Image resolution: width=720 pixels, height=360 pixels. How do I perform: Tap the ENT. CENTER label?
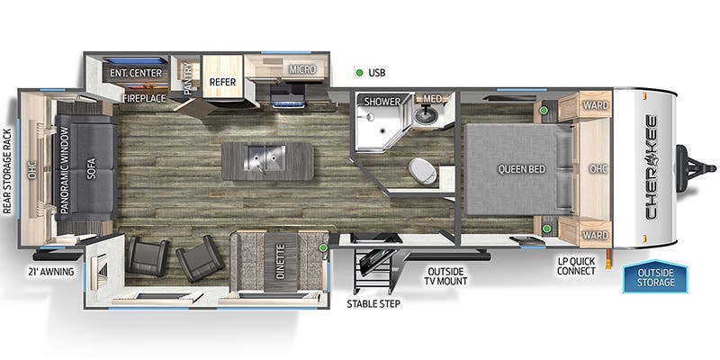[x=136, y=72]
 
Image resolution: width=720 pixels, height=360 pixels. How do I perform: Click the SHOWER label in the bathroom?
[x=382, y=102]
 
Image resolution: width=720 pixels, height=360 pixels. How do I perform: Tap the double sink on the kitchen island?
[x=265, y=160]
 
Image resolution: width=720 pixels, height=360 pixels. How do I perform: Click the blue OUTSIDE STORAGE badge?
[x=655, y=277]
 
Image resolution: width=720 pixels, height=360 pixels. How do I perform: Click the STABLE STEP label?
[x=373, y=303]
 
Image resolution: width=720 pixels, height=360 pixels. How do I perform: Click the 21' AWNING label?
[x=50, y=271]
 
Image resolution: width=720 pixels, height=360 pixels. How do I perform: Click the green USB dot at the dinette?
[x=323, y=247]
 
